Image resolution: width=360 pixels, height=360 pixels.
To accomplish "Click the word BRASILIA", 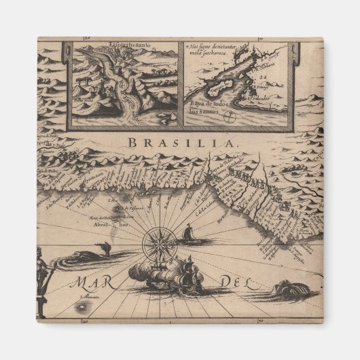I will tap(180, 143).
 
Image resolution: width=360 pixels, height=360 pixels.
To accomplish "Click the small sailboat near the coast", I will tap(187, 234).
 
